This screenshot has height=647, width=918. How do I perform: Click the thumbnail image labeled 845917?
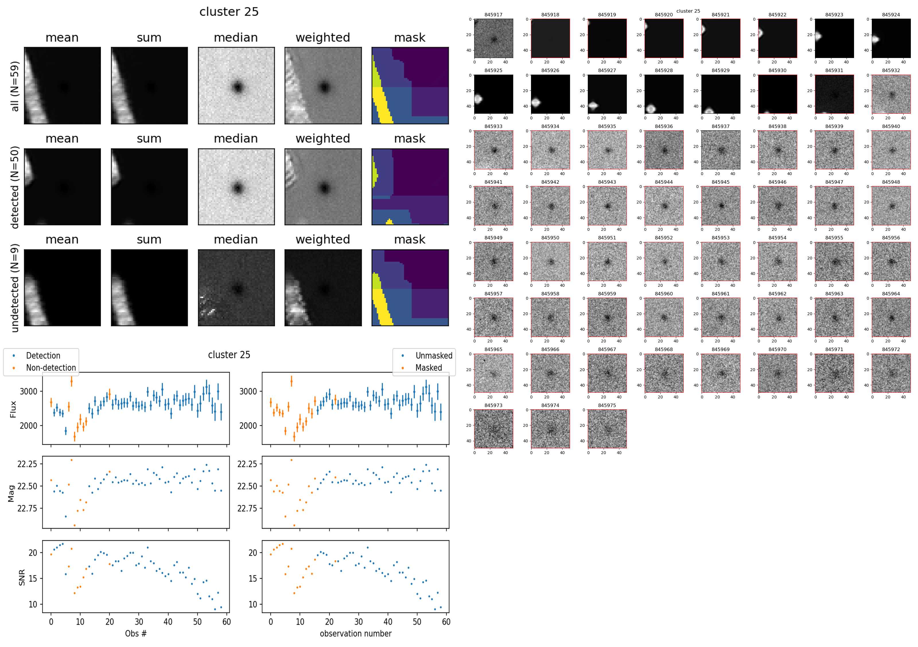click(x=493, y=38)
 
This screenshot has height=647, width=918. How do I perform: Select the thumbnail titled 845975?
click(x=607, y=429)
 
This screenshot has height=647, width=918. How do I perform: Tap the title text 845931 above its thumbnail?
click(x=834, y=70)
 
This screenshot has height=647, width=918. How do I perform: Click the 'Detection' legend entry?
click(x=43, y=356)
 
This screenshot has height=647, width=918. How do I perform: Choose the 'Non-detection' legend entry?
click(x=51, y=368)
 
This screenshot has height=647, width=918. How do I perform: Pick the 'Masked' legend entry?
click(x=429, y=368)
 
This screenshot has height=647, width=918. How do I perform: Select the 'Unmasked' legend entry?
click(x=434, y=356)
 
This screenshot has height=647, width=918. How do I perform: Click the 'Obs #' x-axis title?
click(x=136, y=634)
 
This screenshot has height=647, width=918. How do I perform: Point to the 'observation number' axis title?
click(x=355, y=634)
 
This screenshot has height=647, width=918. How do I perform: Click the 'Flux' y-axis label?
click(x=13, y=409)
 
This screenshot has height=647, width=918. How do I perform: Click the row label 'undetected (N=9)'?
click(x=15, y=288)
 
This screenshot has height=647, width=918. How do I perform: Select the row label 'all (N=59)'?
click(x=15, y=86)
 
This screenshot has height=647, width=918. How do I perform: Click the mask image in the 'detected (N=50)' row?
click(x=410, y=187)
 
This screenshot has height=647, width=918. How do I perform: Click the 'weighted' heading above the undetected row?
click(x=323, y=239)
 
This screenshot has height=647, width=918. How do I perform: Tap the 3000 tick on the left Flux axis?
click(x=28, y=391)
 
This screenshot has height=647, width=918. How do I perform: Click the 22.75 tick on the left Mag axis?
click(x=27, y=509)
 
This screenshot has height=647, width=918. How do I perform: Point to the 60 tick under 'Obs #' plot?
click(x=227, y=622)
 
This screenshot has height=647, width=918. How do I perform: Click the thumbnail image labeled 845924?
click(x=891, y=38)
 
